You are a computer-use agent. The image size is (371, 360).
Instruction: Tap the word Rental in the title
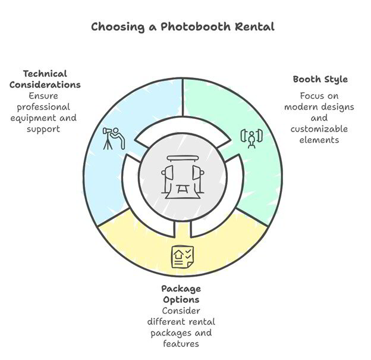[x=254, y=27]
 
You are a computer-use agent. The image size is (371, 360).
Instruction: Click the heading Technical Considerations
[x=52, y=79]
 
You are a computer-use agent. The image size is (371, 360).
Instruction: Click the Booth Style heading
[x=320, y=79]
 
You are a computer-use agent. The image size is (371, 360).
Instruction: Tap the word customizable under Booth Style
[x=320, y=129]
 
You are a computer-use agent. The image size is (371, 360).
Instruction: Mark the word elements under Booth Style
[x=320, y=140]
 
